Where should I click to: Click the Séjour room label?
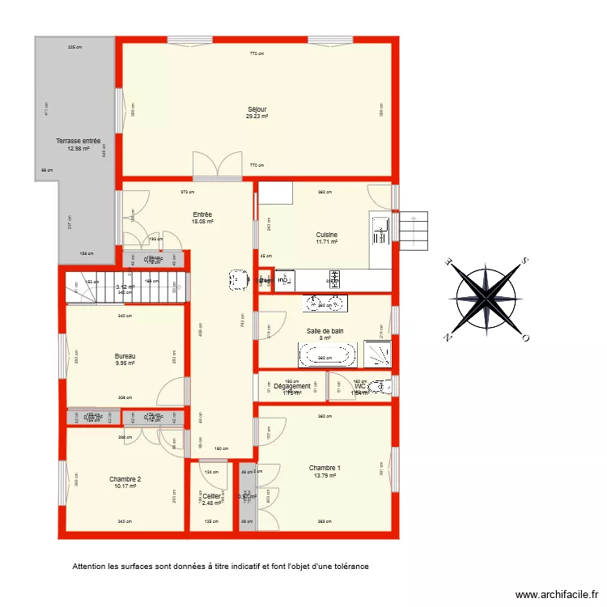pyautogui.click(x=257, y=109)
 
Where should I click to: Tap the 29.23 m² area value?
pyautogui.click(x=257, y=117)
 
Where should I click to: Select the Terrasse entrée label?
pyautogui.click(x=78, y=141)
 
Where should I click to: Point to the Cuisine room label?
pyautogui.click(x=327, y=235)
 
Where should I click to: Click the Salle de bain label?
pyautogui.click(x=325, y=331)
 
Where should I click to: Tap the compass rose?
pyautogui.click(x=486, y=299)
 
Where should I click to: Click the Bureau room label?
pyautogui.click(x=125, y=357)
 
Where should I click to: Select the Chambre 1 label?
pyautogui.click(x=325, y=468)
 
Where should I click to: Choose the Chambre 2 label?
pyautogui.click(x=125, y=479)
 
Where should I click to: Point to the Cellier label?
pyautogui.click(x=211, y=496)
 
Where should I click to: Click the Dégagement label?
pyautogui.click(x=292, y=386)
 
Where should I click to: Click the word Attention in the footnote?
pyautogui.click(x=89, y=567)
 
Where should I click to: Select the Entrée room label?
pyautogui.click(x=202, y=214)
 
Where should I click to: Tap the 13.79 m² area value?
pyautogui.click(x=325, y=476)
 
